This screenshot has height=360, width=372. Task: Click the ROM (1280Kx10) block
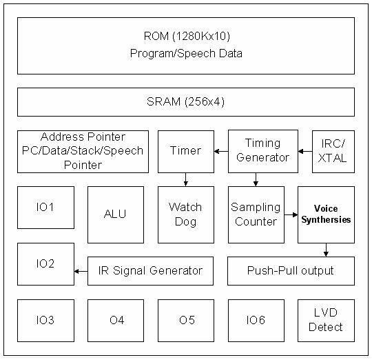click(x=186, y=46)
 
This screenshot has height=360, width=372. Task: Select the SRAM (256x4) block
click(x=186, y=102)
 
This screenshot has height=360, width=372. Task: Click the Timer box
click(x=185, y=151)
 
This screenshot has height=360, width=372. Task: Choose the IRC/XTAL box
click(x=333, y=151)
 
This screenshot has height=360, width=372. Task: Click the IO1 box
click(x=45, y=207)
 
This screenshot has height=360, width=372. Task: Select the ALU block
click(x=116, y=214)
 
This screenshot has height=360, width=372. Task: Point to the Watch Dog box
click(x=185, y=214)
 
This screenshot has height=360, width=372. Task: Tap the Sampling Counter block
click(x=256, y=214)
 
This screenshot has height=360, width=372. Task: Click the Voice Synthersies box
click(x=326, y=214)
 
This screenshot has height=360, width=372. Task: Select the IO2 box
click(x=45, y=263)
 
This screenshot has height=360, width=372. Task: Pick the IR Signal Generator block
click(x=150, y=270)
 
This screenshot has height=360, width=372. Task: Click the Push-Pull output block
click(x=291, y=270)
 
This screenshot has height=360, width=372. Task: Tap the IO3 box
click(x=45, y=320)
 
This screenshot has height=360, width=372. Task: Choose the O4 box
click(x=116, y=320)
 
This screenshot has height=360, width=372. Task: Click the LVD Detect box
click(x=326, y=320)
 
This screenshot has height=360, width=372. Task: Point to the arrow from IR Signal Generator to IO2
click(x=81, y=271)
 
